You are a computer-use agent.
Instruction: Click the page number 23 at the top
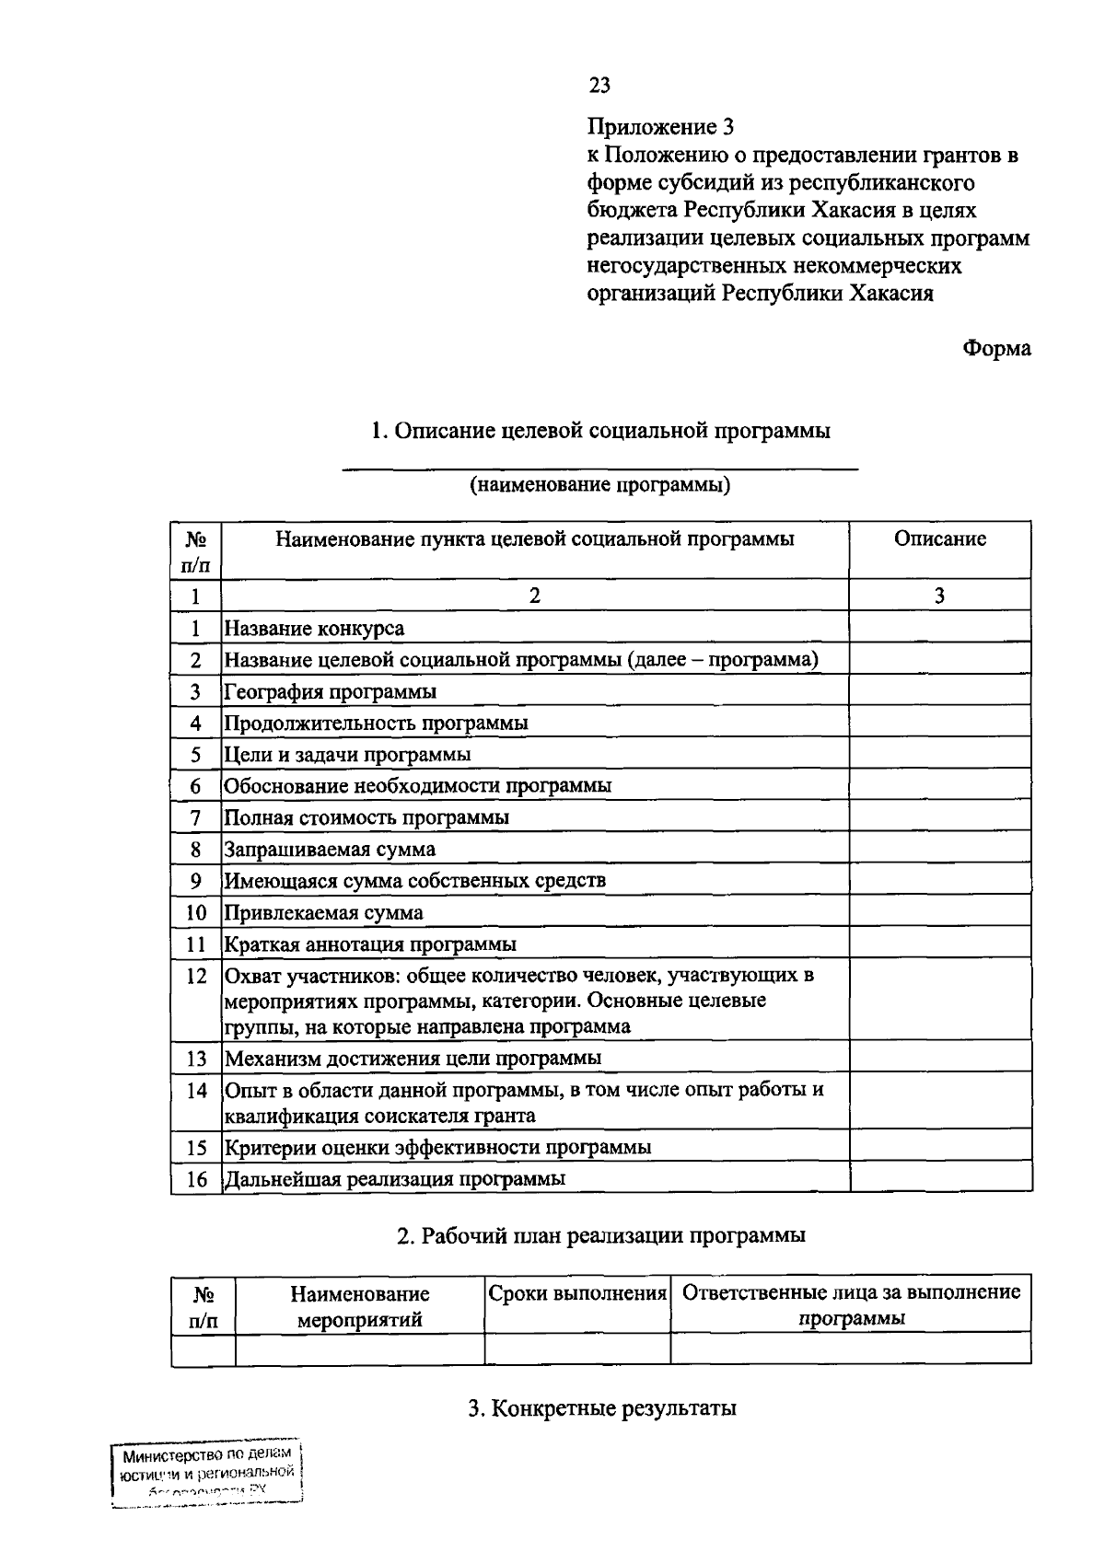click(x=599, y=86)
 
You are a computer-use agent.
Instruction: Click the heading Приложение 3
click(x=660, y=126)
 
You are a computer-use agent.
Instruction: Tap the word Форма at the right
click(x=996, y=349)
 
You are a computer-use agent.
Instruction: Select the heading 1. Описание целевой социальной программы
click(x=599, y=431)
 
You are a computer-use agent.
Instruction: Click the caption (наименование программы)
click(x=600, y=485)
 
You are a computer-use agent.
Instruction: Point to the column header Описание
click(x=939, y=539)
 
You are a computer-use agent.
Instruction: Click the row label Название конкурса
click(x=315, y=629)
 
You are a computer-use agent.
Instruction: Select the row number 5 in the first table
click(x=195, y=755)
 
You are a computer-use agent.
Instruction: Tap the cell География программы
click(x=331, y=691)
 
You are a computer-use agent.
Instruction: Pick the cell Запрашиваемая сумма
click(x=330, y=849)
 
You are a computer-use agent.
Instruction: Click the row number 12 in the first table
click(x=195, y=976)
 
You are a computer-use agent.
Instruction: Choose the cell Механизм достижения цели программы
click(x=413, y=1058)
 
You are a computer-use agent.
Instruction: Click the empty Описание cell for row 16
click(x=939, y=1178)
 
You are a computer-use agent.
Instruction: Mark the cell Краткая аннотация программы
click(x=370, y=944)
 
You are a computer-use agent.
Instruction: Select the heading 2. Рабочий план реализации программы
click(x=600, y=1235)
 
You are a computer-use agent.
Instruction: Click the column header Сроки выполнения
click(x=577, y=1292)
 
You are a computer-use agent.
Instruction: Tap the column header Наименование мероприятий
click(x=360, y=1306)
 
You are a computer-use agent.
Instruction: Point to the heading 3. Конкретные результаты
click(x=601, y=1408)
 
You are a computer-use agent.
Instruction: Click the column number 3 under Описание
click(x=939, y=596)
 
